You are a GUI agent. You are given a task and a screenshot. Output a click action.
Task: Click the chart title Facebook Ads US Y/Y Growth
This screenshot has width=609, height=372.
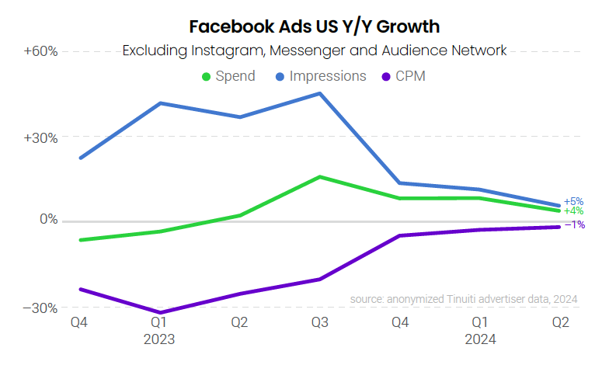point(314,26)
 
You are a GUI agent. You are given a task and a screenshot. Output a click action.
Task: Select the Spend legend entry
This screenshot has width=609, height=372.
point(229,76)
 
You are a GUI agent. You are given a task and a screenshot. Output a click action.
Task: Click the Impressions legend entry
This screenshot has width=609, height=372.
point(321,76)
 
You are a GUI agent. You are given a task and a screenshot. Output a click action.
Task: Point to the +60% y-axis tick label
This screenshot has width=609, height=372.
point(40,51)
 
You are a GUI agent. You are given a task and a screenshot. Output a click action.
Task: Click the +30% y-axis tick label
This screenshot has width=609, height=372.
point(40,137)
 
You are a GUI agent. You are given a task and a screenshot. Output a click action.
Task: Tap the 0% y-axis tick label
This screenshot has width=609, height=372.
point(48,220)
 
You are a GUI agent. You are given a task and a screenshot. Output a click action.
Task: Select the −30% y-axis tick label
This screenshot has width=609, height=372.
point(40,308)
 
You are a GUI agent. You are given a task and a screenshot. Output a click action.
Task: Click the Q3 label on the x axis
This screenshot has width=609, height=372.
point(319,322)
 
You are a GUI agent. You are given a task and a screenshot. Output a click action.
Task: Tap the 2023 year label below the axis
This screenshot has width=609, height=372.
point(159,339)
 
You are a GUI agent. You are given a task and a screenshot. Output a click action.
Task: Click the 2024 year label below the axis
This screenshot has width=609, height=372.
point(480,339)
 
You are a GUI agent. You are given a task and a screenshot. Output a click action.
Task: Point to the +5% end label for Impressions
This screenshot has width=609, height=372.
point(573,201)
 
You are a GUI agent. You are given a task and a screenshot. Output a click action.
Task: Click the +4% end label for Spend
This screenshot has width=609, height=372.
point(573,210)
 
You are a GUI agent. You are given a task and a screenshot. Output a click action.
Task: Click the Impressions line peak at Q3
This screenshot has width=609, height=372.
point(319,93)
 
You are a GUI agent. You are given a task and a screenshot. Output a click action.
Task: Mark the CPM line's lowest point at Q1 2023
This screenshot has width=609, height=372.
point(160,313)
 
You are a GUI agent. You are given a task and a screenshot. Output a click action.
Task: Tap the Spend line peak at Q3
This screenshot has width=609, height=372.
point(319,177)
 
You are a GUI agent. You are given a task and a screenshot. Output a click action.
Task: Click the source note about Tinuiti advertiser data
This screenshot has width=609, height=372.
point(464,299)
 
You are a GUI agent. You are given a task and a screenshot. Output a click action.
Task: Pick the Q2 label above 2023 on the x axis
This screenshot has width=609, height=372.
point(239,322)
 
